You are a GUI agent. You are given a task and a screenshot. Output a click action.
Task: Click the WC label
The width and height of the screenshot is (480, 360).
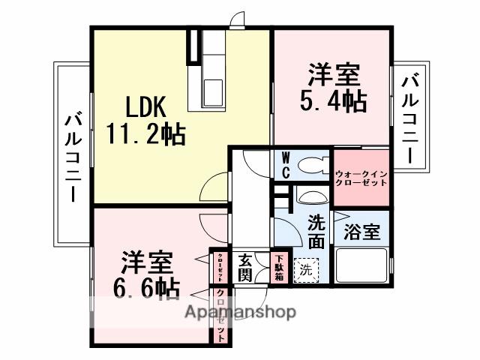pyautogui.click(x=286, y=165)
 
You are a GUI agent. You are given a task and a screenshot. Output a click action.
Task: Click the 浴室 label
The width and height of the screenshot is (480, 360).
pyautogui.click(x=362, y=232)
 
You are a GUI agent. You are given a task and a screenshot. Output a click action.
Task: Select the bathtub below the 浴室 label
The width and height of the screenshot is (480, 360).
pyautogui.click(x=362, y=266)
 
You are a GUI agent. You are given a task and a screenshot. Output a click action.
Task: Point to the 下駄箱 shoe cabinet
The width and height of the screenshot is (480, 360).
pyautogui.click(x=278, y=267)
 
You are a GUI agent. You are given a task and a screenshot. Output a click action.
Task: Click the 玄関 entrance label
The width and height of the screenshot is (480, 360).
pyautogui.click(x=246, y=268)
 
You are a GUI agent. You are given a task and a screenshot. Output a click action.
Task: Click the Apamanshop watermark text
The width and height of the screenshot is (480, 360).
pyautogui.click(x=240, y=311)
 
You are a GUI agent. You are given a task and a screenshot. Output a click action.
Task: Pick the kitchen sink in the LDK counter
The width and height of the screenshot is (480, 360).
pyautogui.click(x=213, y=89)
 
